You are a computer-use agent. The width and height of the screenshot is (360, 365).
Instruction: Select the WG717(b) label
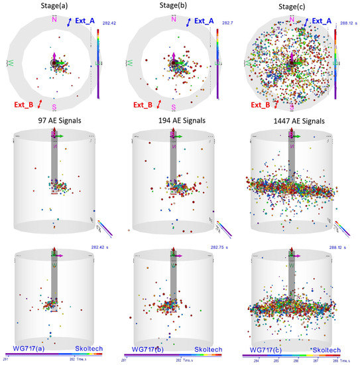coord(147,349)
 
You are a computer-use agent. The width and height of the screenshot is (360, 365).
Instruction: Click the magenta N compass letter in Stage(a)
coord(55,21)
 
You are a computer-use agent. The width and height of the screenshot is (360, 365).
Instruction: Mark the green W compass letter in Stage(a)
coord(9,64)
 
